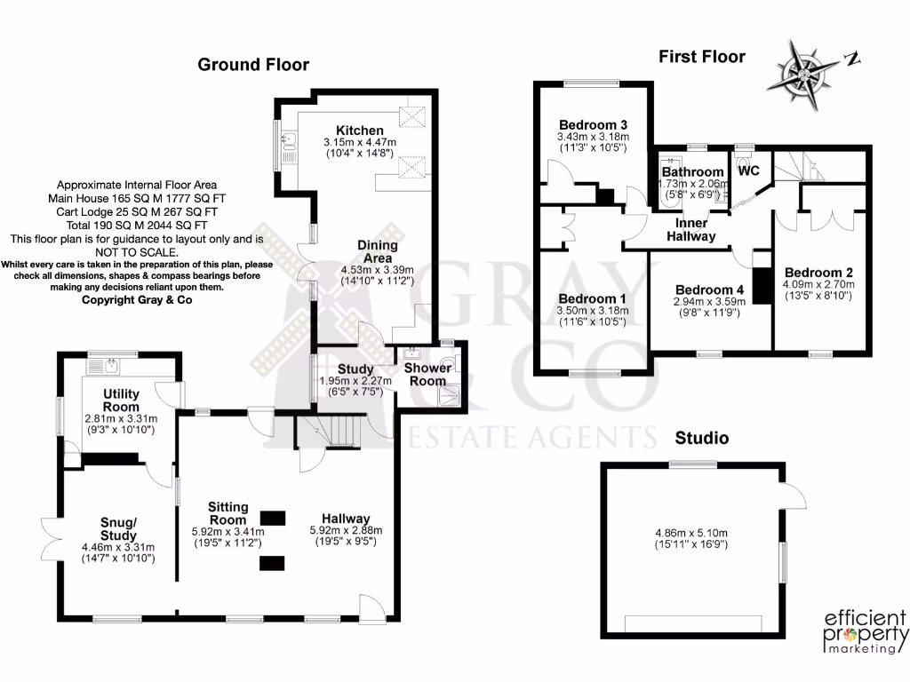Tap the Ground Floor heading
coord(253,64)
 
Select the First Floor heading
coord(702,57)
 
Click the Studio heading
coord(702,438)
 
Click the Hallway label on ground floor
coord(346,519)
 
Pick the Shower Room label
coord(427,374)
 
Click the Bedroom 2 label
coord(818,272)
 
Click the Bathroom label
coord(694,171)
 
